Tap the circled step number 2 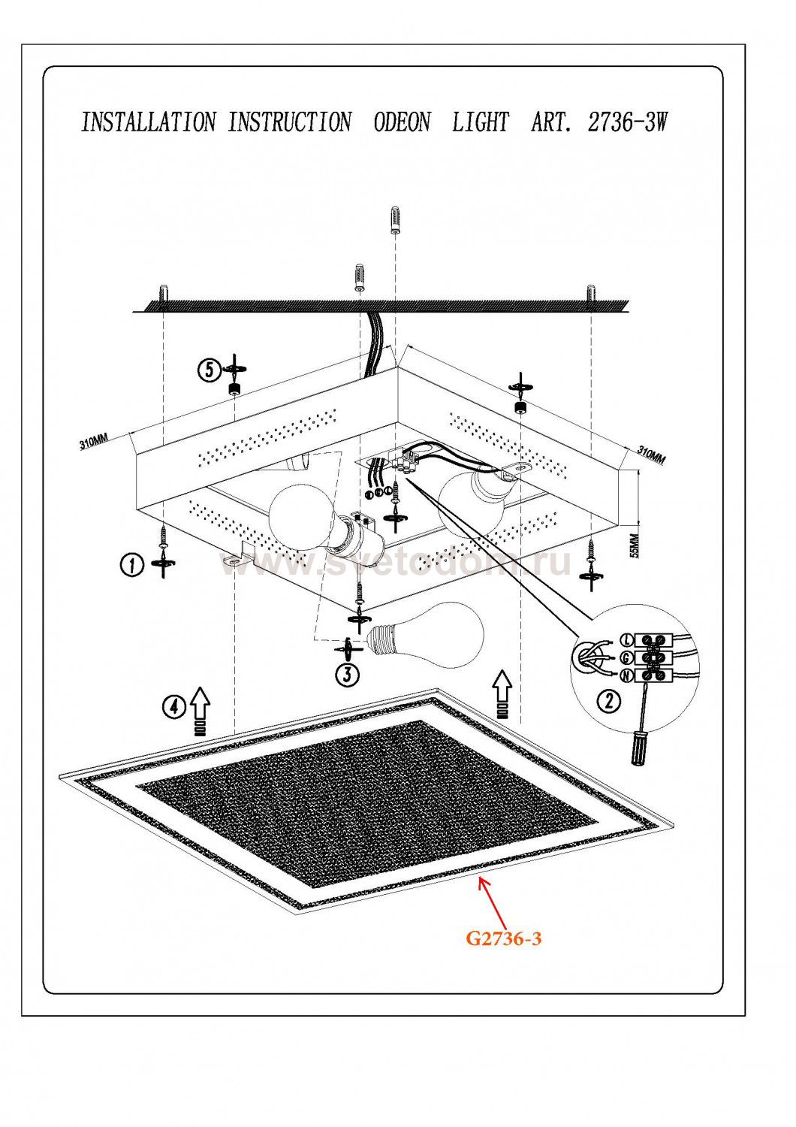point(608,701)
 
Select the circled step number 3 point(345,674)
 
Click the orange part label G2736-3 point(503,938)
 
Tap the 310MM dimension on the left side point(93,443)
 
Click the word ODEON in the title point(402,122)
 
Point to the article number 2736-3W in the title point(627,122)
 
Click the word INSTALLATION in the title point(148,122)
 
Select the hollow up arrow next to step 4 point(200,703)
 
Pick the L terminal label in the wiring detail point(627,639)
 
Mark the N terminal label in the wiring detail point(627,675)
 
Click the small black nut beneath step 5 point(234,388)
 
